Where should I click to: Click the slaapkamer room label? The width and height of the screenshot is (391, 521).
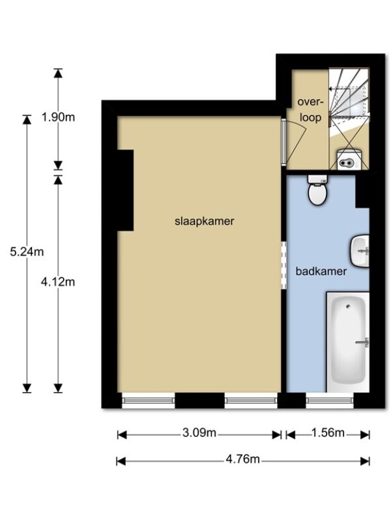[x=204, y=221]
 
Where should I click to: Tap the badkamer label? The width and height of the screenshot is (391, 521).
[x=321, y=272]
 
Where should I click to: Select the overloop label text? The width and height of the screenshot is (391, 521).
[x=311, y=109]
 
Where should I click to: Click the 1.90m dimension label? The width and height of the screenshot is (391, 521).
[x=58, y=117]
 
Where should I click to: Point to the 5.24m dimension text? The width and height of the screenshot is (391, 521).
[x=27, y=251]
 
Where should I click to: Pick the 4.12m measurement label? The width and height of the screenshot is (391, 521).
[x=58, y=282]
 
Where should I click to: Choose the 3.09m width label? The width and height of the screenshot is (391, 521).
[x=199, y=432]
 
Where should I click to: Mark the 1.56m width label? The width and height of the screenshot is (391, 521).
[x=328, y=432]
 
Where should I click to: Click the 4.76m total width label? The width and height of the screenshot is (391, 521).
[x=242, y=459]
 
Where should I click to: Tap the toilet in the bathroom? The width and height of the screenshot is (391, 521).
[x=317, y=190]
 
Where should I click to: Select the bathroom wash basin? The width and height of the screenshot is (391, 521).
[x=360, y=251]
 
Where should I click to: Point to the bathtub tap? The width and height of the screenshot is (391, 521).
[x=363, y=343]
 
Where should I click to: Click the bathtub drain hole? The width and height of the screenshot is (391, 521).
[x=348, y=306]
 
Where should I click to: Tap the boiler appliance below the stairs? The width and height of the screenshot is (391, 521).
[x=349, y=160]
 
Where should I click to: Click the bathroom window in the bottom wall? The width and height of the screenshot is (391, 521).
[x=330, y=401]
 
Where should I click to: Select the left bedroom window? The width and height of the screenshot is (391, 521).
[x=149, y=401]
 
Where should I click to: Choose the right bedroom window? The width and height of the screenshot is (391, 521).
[x=251, y=401]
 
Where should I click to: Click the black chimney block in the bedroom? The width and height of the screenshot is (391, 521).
[x=125, y=190]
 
